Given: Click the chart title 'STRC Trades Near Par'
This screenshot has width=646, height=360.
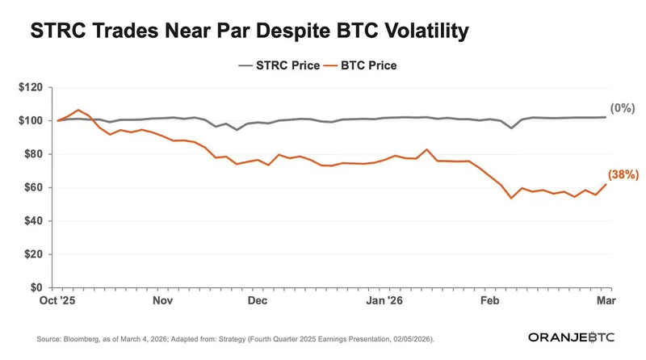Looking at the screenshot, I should (249, 32).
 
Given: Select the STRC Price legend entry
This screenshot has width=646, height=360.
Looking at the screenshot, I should (279, 65).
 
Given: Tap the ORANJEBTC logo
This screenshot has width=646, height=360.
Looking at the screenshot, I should (572, 337).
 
